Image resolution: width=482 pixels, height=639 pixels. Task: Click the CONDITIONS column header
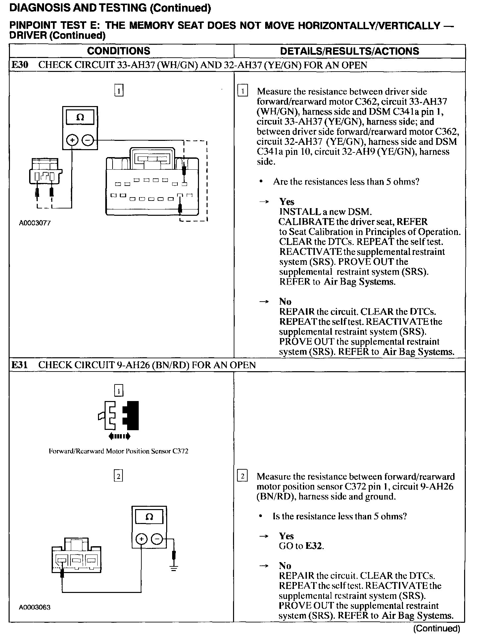tap(119, 51)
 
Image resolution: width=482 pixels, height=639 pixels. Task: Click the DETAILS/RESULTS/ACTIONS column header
tap(349, 51)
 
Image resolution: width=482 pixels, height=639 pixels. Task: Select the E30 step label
tap(20, 65)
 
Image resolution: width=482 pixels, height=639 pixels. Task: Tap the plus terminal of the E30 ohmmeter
tap(72, 140)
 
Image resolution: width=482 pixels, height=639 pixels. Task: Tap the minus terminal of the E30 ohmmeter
tap(88, 140)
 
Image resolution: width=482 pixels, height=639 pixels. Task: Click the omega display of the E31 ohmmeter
tap(149, 517)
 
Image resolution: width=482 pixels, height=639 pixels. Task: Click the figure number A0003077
tap(35, 223)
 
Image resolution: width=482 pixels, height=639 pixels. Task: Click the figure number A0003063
tap(35, 607)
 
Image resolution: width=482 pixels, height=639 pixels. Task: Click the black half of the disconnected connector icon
tap(131, 416)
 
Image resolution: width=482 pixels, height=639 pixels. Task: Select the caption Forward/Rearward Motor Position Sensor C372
tap(119, 451)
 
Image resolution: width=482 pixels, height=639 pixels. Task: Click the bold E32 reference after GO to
tap(314, 546)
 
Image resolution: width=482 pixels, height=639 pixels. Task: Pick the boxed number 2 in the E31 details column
tap(242, 476)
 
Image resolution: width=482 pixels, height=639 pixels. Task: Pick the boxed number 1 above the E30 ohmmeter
tap(119, 90)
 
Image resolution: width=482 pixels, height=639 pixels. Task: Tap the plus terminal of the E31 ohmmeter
tap(141, 539)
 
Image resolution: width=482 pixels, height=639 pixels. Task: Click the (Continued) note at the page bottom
tap(437, 628)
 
